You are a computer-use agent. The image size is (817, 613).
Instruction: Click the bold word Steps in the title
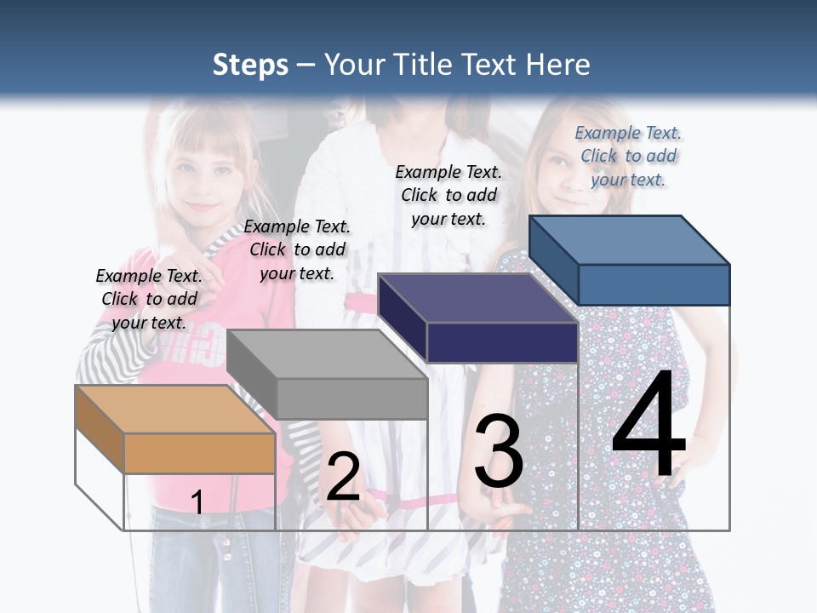(250, 65)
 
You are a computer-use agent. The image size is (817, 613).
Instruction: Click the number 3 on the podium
(498, 450)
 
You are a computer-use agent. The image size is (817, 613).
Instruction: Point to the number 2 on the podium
(342, 477)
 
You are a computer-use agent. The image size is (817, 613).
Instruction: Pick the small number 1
(197, 502)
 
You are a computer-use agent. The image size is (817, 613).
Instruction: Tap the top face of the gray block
(326, 354)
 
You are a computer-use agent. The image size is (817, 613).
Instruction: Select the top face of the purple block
(477, 298)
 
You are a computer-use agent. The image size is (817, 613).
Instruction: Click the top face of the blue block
(629, 239)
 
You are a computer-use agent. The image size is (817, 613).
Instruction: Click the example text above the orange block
(149, 299)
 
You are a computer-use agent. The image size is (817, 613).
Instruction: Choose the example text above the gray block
(297, 249)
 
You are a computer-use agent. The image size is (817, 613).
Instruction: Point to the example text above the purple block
(448, 195)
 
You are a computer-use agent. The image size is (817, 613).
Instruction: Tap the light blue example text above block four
(628, 156)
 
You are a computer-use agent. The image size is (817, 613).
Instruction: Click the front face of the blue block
(654, 284)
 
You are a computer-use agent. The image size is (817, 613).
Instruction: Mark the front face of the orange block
(199, 453)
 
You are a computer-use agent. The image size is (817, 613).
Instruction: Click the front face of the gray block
(351, 398)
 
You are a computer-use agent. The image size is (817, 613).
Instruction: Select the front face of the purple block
(502, 342)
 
